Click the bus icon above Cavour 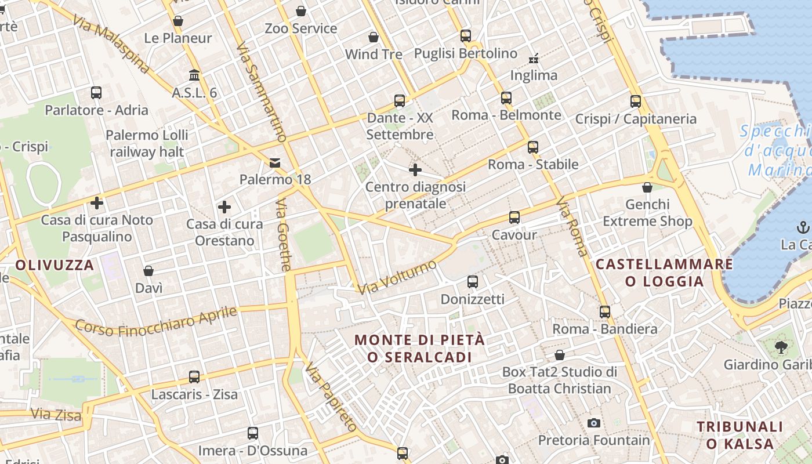tap(514, 217)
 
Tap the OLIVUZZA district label tap(55, 265)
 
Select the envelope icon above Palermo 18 tap(275, 163)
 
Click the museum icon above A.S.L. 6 tap(194, 75)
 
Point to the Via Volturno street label tap(397, 277)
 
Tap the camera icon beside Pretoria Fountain tap(593, 423)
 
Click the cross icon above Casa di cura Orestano tap(224, 207)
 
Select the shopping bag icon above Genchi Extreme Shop tap(647, 187)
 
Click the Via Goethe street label tap(283, 235)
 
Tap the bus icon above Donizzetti tap(473, 282)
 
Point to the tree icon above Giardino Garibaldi tap(781, 347)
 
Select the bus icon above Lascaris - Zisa tap(194, 377)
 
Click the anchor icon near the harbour tap(803, 227)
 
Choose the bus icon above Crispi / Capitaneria tap(636, 101)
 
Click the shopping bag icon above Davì tap(148, 271)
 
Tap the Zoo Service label tap(300, 28)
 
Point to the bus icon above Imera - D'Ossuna tap(253, 433)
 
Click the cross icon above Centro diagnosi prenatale tap(415, 170)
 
